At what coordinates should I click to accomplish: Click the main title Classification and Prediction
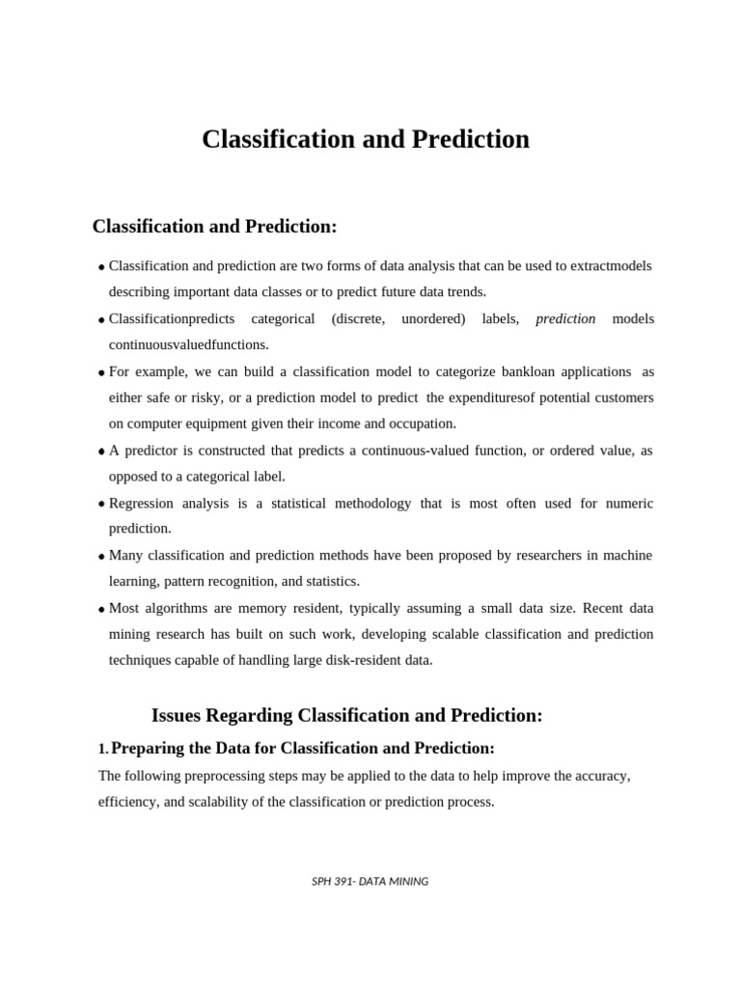tap(366, 140)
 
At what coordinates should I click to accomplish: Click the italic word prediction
tap(565, 318)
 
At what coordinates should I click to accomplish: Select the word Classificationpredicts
tap(165, 318)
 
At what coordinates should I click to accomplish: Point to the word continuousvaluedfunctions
tap(189, 344)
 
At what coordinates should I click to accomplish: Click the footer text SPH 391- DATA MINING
tap(370, 881)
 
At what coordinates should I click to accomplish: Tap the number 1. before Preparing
tap(103, 749)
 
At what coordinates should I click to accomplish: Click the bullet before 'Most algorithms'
tap(101, 610)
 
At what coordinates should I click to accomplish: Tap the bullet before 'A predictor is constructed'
tap(101, 452)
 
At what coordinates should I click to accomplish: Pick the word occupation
tap(423, 424)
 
